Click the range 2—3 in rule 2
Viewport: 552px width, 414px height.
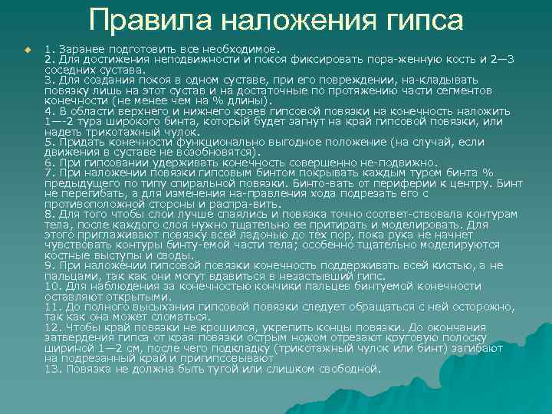point(496,59)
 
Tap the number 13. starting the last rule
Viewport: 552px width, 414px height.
point(53,369)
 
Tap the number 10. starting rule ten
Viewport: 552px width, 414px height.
point(53,286)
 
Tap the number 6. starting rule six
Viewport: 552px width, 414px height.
point(50,163)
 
